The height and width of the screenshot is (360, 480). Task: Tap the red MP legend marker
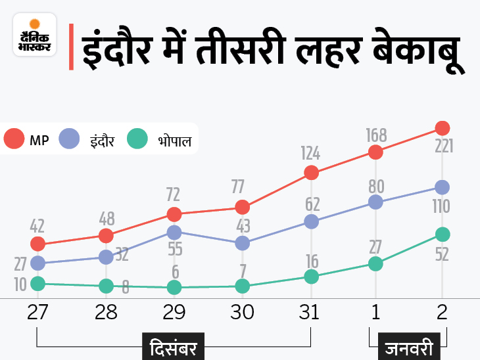[x=14, y=139]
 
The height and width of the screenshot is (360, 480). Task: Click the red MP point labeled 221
[x=443, y=127]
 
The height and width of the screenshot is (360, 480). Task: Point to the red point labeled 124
[x=312, y=173]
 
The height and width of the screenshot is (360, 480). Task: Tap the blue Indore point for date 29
[x=174, y=233]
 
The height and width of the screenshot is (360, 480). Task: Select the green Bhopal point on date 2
[x=443, y=235]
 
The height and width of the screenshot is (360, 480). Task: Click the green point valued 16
[x=312, y=277]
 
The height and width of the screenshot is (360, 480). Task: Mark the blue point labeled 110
[x=443, y=187]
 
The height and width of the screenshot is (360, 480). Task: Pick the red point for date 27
[x=37, y=244]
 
